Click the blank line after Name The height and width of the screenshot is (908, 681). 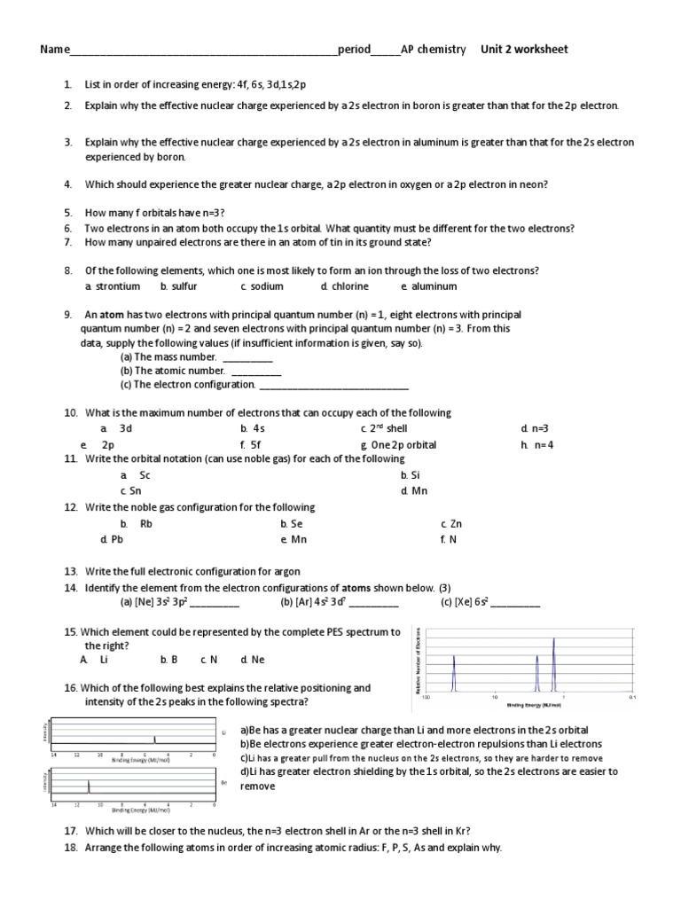[203, 51]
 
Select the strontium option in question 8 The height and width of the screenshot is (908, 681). [117, 286]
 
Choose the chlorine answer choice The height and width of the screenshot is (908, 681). [349, 286]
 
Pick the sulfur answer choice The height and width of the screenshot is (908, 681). [184, 286]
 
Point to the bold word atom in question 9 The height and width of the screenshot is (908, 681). [111, 315]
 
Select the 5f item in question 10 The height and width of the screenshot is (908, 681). [255, 444]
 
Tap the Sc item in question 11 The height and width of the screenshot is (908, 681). [145, 475]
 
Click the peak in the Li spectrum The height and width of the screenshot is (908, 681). [154, 739]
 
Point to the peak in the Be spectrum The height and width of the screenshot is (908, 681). [89, 787]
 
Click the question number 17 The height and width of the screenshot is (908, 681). [71, 831]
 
